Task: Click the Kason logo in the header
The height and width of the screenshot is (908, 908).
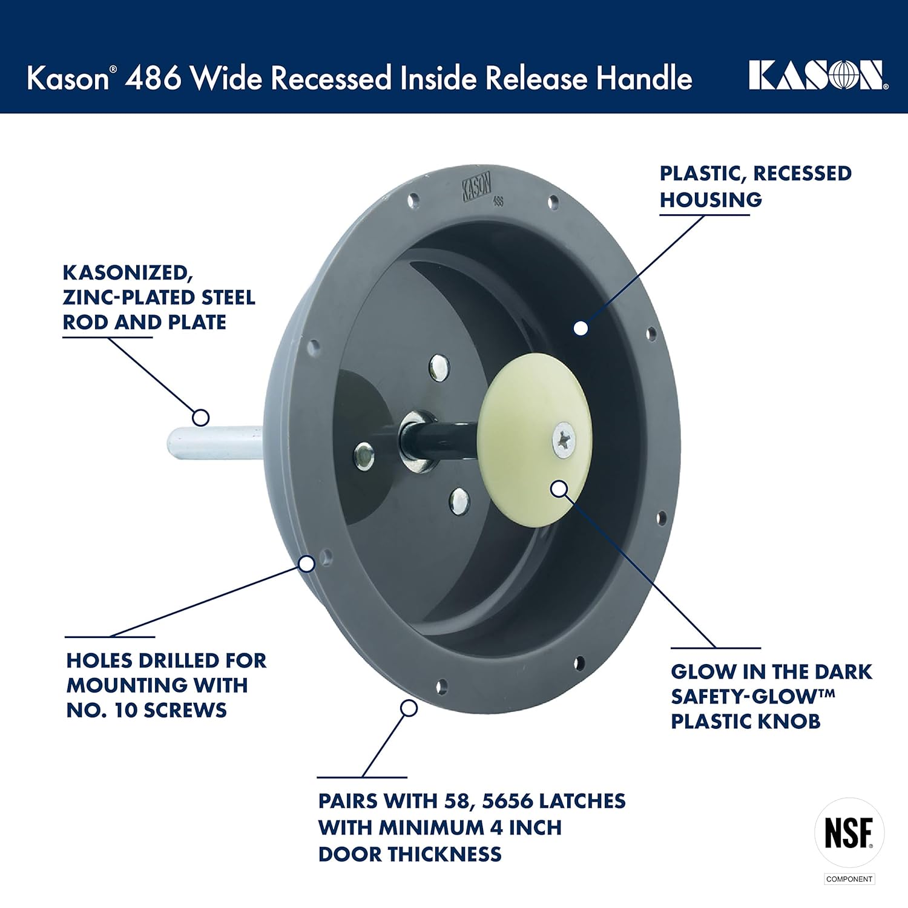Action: (x=818, y=76)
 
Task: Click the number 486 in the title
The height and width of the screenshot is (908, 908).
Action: (x=153, y=78)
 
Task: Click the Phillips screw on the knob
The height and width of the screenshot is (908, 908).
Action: (x=564, y=439)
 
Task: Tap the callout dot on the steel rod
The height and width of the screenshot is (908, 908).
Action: (x=201, y=417)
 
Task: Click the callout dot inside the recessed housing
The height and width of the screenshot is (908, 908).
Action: (x=581, y=328)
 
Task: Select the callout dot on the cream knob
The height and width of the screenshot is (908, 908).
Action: (x=560, y=488)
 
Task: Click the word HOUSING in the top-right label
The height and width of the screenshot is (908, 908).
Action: (x=711, y=200)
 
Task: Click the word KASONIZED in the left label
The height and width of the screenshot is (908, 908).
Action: (x=128, y=273)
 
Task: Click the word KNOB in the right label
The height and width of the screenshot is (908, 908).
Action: (x=792, y=722)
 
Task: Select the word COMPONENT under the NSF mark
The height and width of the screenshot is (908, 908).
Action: (x=849, y=879)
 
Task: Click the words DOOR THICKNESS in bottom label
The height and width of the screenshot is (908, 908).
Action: (x=410, y=854)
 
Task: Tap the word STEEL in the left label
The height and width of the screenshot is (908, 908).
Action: (x=228, y=298)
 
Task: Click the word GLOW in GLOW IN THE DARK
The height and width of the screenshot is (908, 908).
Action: (x=703, y=672)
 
